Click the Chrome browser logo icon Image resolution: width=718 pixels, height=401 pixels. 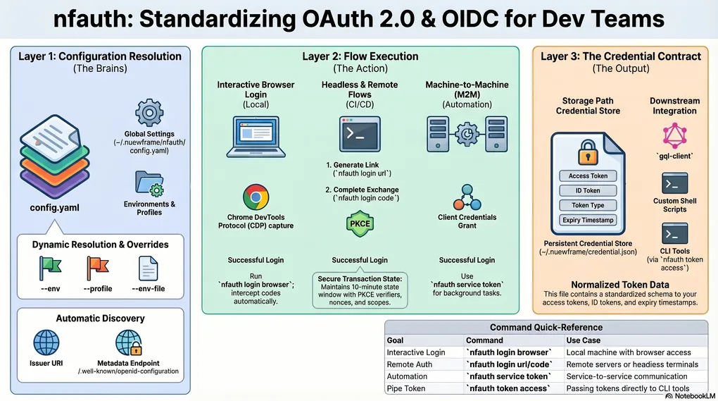tap(256, 197)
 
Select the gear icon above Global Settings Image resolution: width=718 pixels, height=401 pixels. tap(149, 113)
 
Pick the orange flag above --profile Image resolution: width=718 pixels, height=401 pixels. tap(98, 267)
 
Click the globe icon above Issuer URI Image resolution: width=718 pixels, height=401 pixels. tap(47, 343)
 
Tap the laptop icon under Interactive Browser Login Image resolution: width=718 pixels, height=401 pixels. tap(256, 136)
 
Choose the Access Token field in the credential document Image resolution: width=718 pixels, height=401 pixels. tap(588, 176)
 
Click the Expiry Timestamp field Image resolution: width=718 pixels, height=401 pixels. tap(588, 220)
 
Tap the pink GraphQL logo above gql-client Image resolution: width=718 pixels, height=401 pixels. tap(674, 135)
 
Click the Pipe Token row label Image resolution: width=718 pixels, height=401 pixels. tap(406, 388)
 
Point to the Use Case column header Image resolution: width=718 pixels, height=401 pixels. tap(583, 340)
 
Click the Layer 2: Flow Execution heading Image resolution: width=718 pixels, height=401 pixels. tap(360, 56)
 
